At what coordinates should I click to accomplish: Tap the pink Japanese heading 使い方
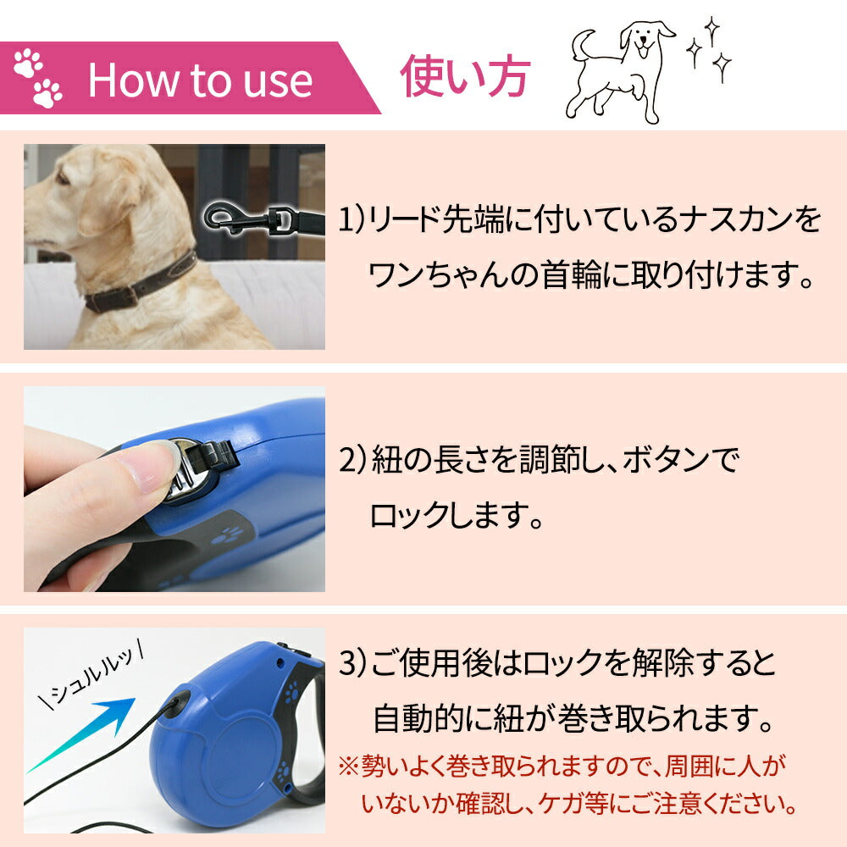(465, 77)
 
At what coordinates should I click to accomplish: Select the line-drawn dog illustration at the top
(620, 72)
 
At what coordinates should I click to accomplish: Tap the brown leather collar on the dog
(141, 285)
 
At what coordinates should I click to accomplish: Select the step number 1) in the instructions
(352, 219)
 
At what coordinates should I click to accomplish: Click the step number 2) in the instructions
(353, 460)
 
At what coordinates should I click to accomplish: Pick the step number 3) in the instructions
(353, 663)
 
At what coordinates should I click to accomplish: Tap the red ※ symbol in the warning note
(348, 767)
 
